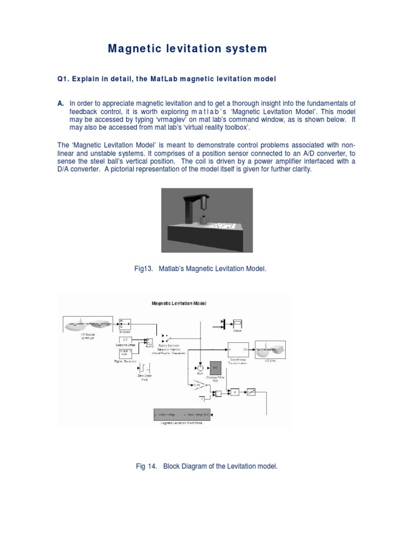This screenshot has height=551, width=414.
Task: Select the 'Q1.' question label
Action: [x=64, y=79]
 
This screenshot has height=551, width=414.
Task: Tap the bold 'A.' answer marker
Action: [x=61, y=103]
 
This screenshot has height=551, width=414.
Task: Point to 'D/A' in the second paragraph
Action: [x=65, y=169]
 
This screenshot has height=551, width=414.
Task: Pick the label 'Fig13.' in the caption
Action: [x=143, y=267]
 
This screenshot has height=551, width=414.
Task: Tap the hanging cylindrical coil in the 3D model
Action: [x=204, y=204]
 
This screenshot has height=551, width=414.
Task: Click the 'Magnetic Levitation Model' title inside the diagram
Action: [x=179, y=303]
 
